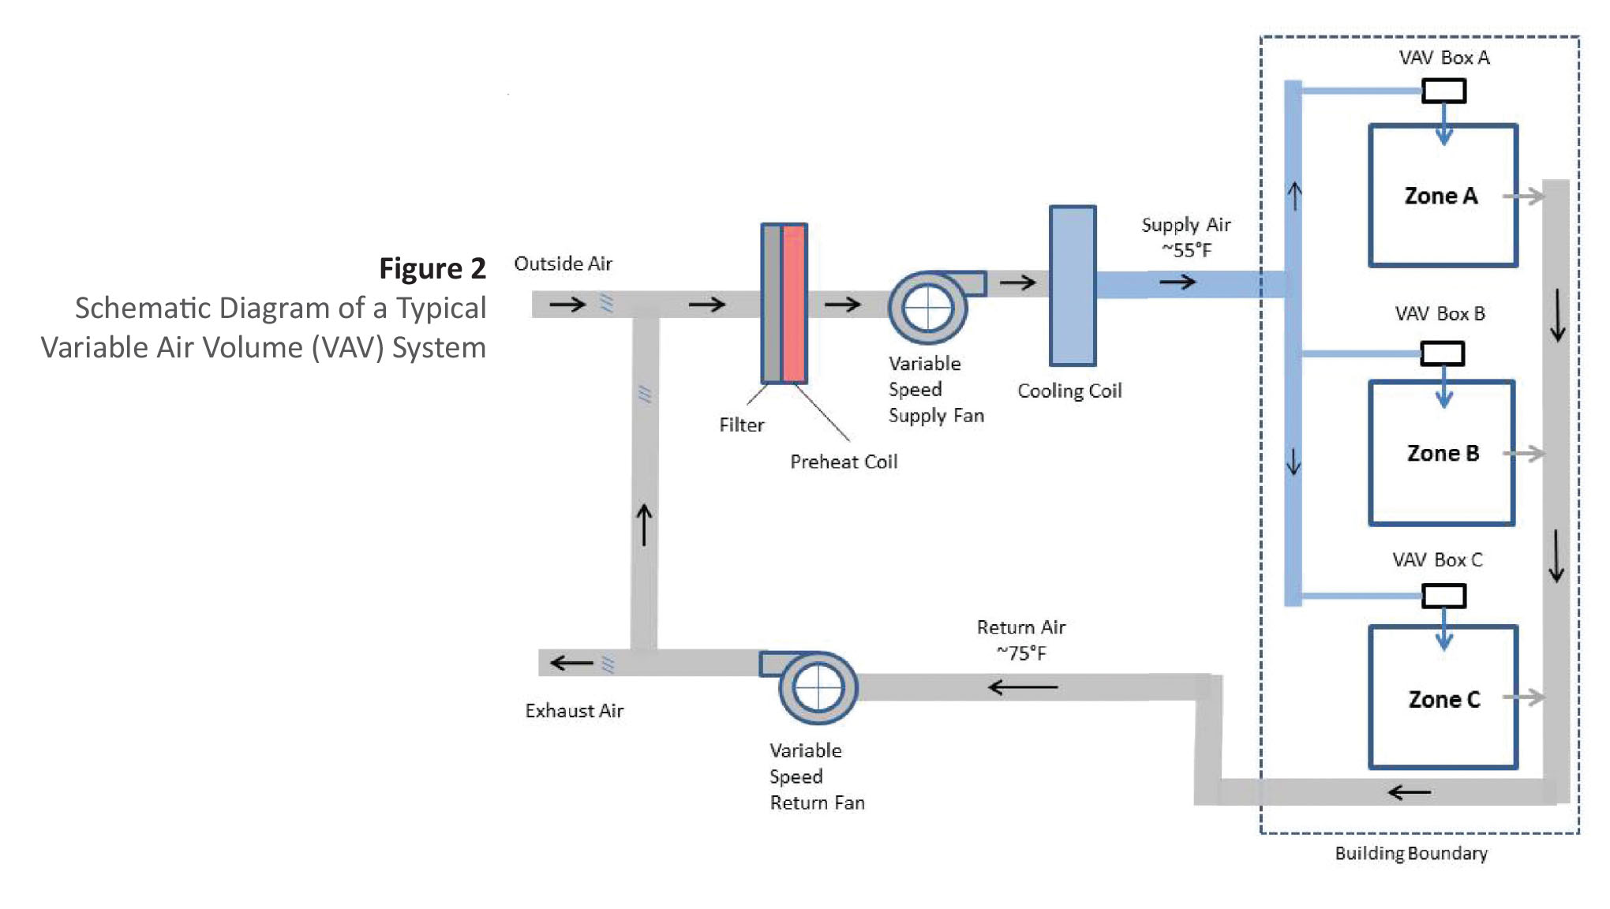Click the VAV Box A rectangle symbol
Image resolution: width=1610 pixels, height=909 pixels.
pyautogui.click(x=1443, y=91)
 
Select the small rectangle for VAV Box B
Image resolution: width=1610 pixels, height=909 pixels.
pyautogui.click(x=1442, y=353)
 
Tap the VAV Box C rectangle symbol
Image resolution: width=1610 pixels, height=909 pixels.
pyautogui.click(x=1443, y=596)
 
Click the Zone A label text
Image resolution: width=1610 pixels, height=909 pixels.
pyautogui.click(x=1440, y=196)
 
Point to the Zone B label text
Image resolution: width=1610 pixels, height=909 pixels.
pyautogui.click(x=1442, y=453)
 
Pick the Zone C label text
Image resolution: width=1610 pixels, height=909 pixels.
pyautogui.click(x=1443, y=699)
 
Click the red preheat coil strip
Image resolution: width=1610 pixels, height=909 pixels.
pyautogui.click(x=794, y=304)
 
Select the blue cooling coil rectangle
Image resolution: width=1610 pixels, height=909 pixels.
pyautogui.click(x=1072, y=286)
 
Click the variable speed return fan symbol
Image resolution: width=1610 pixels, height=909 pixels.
pyautogui.click(x=818, y=687)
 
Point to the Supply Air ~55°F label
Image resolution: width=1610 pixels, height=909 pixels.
pyautogui.click(x=1185, y=237)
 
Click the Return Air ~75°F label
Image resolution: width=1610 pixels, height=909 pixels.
pyautogui.click(x=1020, y=640)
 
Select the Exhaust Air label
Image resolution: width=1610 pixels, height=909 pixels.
pyautogui.click(x=574, y=711)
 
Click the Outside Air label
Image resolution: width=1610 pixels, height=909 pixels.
pyautogui.click(x=563, y=264)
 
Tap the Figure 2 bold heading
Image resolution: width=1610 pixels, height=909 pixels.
pyautogui.click(x=432, y=268)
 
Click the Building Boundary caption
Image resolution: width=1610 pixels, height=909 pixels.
pyautogui.click(x=1410, y=853)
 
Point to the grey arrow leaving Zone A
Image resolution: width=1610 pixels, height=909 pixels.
pyautogui.click(x=1523, y=196)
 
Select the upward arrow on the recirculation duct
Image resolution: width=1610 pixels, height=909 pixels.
pyautogui.click(x=644, y=525)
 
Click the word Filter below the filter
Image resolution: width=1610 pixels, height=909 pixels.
pyautogui.click(x=741, y=425)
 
